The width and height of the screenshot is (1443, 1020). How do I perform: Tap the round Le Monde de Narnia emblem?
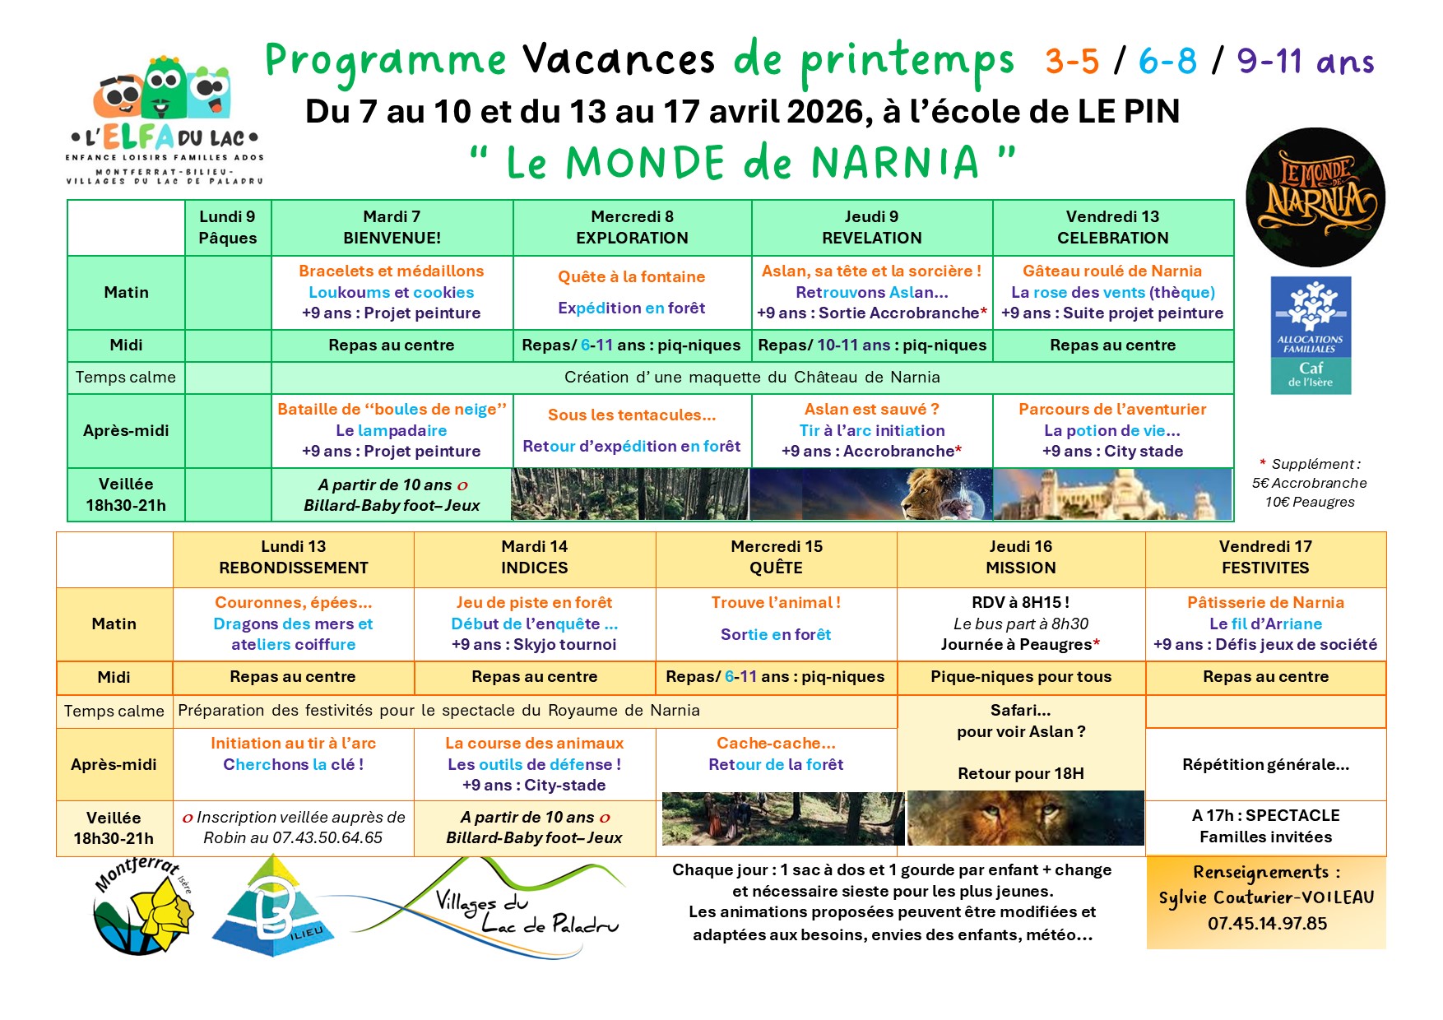coord(1315,197)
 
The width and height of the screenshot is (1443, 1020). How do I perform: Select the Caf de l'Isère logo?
coord(1311,335)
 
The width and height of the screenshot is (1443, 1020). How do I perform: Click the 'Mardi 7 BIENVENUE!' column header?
coord(392,227)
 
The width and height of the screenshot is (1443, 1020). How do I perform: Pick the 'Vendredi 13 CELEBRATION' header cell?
coord(1112,227)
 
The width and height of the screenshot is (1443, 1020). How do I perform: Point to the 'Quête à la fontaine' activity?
coord(631,277)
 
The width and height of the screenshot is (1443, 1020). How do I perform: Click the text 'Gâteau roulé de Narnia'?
coord(1112,271)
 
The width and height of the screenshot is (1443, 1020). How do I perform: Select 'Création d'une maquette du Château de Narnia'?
coord(752,378)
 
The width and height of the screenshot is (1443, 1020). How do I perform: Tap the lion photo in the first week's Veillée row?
coord(870,494)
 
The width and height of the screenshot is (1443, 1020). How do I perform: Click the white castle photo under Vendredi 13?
coord(1112,494)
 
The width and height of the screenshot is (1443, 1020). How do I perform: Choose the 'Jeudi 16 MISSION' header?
coord(1020,557)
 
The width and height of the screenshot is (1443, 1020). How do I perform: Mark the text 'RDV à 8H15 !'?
coord(1020,603)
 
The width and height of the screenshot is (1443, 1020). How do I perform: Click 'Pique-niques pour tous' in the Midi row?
coord(1020,677)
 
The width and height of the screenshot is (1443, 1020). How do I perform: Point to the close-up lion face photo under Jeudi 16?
coord(1025,818)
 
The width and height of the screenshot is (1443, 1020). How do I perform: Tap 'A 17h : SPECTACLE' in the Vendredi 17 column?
coord(1265,816)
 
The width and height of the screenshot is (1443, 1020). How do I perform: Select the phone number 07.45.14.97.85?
coord(1267,924)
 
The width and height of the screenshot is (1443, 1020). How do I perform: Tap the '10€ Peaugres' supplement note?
coord(1310,503)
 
